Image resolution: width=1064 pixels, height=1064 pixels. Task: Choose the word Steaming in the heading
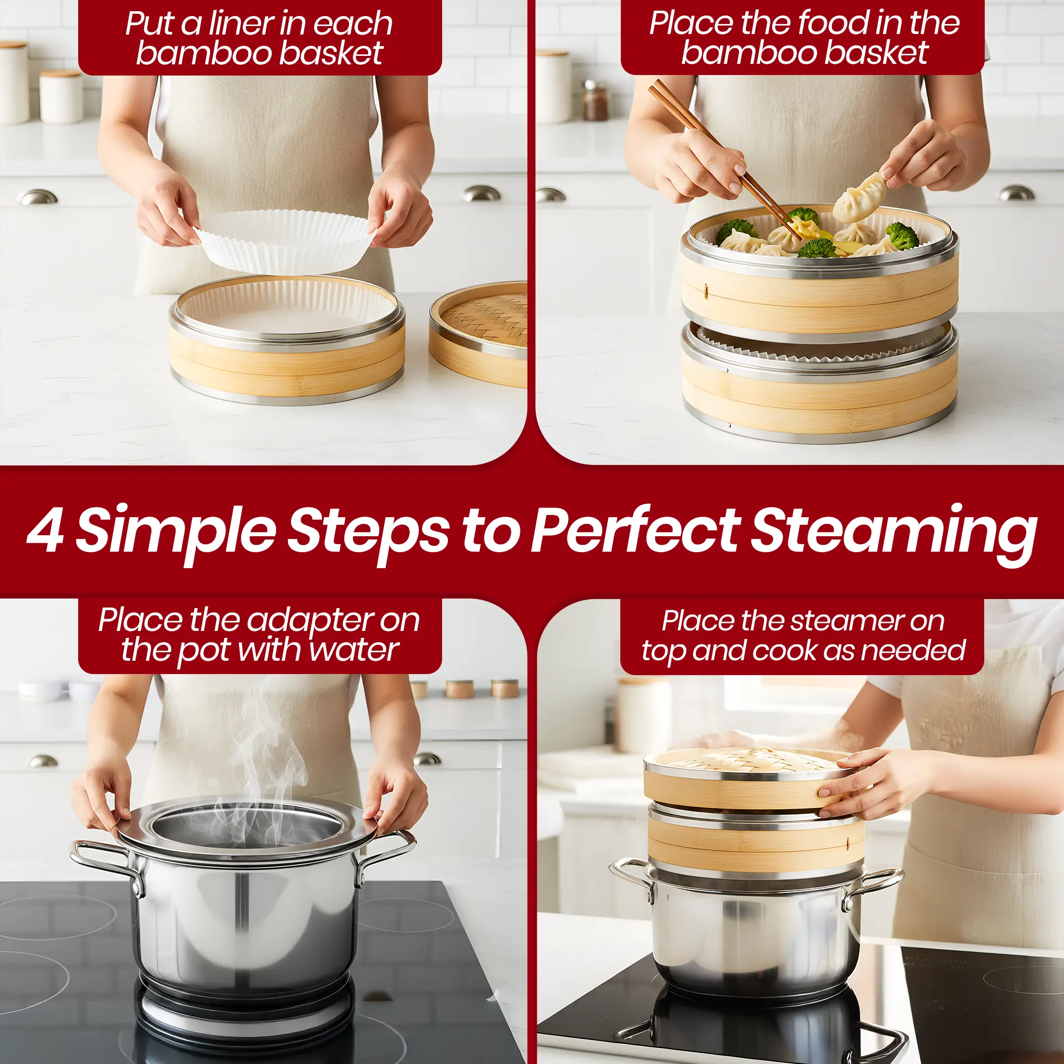893,533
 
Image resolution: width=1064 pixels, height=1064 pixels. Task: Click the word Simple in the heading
176,533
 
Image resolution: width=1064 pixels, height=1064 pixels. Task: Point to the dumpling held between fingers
860,197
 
